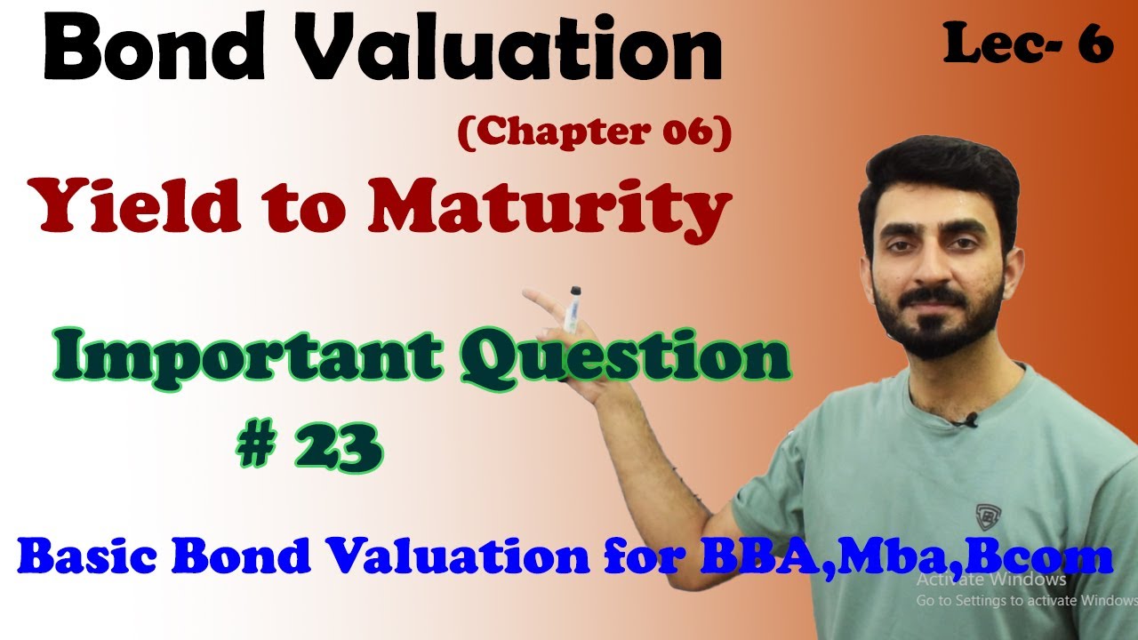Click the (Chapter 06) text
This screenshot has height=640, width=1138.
[594, 132]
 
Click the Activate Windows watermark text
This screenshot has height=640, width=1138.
[991, 580]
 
